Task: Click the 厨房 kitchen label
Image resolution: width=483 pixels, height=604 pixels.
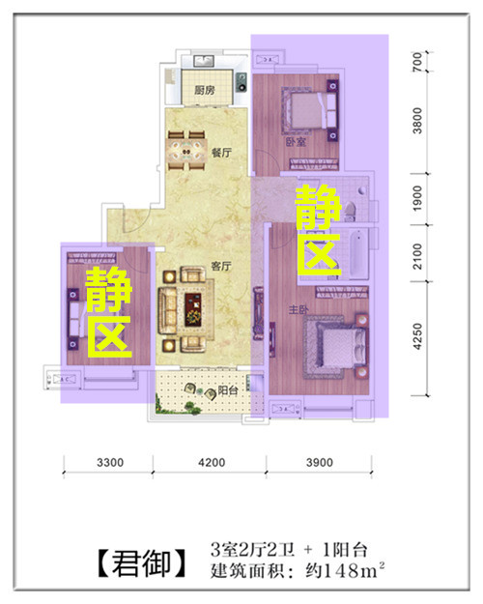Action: [x=204, y=91]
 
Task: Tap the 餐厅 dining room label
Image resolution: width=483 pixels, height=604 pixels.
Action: [x=221, y=153]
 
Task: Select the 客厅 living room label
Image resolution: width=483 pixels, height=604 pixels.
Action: [x=221, y=266]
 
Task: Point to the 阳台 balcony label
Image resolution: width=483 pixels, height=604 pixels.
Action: [x=228, y=390]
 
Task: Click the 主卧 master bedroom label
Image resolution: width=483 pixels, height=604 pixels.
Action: [x=298, y=309]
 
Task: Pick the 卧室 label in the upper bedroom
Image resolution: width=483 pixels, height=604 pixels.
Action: [x=296, y=141]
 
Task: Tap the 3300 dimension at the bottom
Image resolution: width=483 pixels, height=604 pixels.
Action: [x=110, y=462]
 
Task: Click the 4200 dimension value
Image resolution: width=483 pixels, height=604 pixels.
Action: [x=212, y=462]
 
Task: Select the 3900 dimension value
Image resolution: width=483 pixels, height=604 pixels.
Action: [x=320, y=462]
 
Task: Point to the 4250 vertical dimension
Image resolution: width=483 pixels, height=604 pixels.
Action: [x=417, y=336]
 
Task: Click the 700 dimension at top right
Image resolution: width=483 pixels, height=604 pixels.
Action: [x=417, y=61]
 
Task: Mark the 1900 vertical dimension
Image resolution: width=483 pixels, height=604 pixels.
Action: [x=417, y=198]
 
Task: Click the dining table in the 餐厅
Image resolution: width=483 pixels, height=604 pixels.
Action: [x=186, y=151]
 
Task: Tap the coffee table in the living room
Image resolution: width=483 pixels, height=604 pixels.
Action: [x=195, y=309]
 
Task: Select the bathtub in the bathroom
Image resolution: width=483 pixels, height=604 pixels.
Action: [x=359, y=252]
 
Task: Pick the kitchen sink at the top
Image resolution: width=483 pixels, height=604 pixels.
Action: [x=204, y=61]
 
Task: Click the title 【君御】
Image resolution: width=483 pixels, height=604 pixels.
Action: [x=142, y=563]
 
